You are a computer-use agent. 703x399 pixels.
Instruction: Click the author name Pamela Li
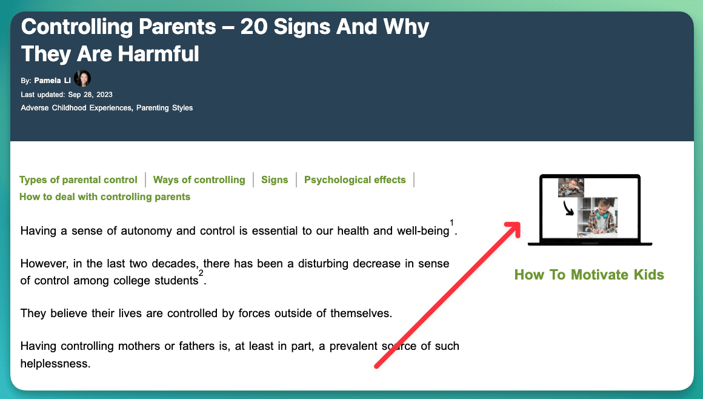pos(53,81)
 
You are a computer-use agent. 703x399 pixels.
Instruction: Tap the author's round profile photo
pos(82,79)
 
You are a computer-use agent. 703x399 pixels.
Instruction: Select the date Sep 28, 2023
pos(90,95)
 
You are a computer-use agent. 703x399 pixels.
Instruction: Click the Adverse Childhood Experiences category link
pos(76,108)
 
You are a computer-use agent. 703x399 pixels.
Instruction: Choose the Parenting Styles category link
pos(165,108)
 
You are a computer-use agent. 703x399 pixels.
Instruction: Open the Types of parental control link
pos(78,180)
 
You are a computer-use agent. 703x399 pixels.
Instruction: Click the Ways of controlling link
pos(199,180)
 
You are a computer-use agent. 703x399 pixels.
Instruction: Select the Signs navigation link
pos(275,180)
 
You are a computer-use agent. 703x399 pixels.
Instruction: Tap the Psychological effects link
pos(355,180)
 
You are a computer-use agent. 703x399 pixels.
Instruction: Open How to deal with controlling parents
pos(104,197)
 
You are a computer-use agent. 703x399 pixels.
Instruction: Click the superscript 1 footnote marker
pos(451,223)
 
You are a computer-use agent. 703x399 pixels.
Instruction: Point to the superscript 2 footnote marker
pos(201,273)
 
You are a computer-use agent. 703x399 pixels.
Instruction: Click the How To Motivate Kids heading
pos(589,275)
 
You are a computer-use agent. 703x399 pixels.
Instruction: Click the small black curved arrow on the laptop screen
pos(568,208)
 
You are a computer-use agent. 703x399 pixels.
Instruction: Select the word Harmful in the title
pos(159,54)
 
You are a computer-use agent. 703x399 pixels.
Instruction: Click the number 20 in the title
pos(253,27)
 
